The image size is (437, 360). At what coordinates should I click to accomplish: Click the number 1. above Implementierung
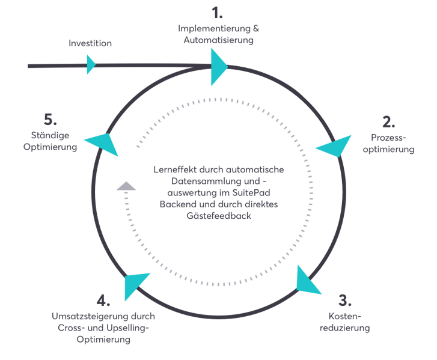216,13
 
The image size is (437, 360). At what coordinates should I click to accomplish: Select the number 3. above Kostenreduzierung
345,299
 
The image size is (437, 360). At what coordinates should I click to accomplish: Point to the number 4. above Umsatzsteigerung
103,300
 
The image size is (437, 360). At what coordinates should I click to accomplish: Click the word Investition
90,43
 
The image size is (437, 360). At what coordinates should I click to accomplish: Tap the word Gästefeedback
221,216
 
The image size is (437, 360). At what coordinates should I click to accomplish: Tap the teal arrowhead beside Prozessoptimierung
335,146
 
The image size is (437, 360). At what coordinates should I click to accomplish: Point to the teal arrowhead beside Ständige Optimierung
104,143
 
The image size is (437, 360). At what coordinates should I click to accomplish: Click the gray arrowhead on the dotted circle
126,186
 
